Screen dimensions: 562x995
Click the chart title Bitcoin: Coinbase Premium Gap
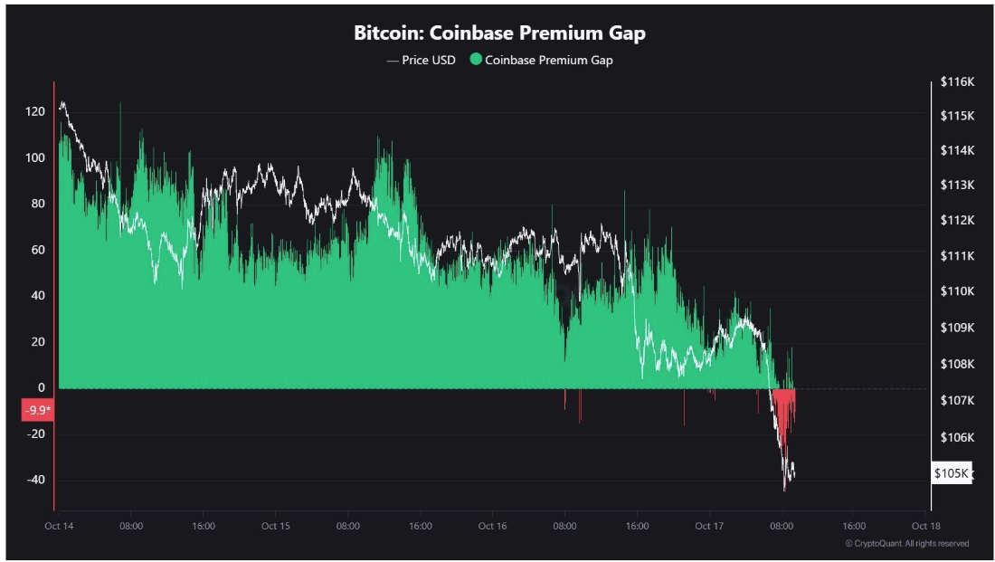[499, 33]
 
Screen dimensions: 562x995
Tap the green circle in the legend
[476, 61]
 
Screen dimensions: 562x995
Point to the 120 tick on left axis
[35, 112]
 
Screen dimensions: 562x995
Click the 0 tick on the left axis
[41, 388]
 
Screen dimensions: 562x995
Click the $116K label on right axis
[957, 81]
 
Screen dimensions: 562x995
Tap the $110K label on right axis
[957, 291]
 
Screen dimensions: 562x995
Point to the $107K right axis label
[957, 401]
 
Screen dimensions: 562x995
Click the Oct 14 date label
[59, 526]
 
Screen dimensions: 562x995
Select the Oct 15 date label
[275, 526]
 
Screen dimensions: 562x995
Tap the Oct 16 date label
[492, 526]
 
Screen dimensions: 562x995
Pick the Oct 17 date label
[709, 526]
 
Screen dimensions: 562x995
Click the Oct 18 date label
[926, 526]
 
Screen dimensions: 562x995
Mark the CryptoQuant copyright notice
[907, 544]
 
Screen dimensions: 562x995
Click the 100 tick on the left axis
[35, 158]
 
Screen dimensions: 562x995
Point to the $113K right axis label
[957, 186]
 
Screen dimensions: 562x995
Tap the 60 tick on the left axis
[37, 251]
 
